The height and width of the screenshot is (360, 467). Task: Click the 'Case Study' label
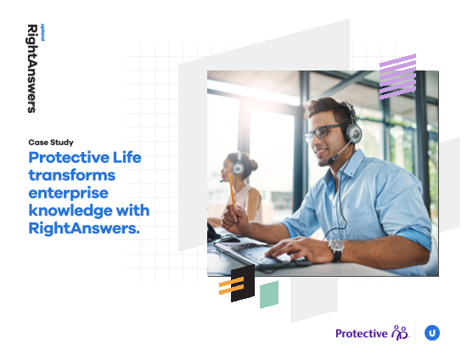(51, 143)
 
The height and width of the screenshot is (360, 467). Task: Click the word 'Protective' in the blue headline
(69, 158)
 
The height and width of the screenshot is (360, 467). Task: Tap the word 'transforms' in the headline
(72, 175)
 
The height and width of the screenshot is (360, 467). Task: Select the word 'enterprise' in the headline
(69, 194)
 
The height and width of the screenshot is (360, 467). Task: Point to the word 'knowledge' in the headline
(70, 211)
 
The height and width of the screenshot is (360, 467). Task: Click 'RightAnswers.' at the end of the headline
(84, 228)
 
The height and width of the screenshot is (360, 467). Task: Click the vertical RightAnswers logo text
(32, 69)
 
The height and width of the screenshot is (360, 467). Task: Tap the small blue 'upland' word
(42, 32)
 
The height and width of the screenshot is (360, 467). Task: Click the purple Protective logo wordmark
(361, 334)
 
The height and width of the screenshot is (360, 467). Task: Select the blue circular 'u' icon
(432, 333)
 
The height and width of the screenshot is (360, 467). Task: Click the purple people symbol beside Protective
(400, 333)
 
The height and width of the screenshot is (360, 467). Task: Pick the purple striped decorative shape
(397, 76)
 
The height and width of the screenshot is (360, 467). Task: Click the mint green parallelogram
(269, 295)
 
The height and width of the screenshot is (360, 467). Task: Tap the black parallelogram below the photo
(243, 284)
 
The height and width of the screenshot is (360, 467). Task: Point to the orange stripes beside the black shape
(232, 285)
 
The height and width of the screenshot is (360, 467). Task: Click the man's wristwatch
(336, 250)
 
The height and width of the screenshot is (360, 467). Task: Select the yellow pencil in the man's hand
(232, 192)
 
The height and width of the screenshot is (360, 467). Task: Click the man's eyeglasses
(324, 132)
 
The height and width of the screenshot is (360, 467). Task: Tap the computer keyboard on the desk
(256, 253)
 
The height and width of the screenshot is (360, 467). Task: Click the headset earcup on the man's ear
(353, 132)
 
